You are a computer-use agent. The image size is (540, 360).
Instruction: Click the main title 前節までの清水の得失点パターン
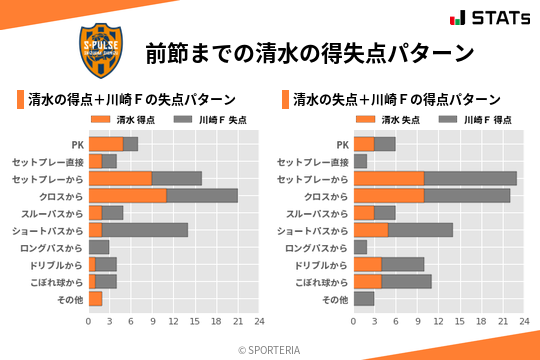309,52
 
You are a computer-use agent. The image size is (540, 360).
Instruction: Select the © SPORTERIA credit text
270,349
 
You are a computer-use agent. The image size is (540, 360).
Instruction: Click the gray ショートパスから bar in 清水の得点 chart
145,229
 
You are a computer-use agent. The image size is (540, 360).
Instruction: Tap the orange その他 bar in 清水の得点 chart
96,298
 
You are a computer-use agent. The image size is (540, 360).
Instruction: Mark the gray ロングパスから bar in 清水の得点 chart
99,246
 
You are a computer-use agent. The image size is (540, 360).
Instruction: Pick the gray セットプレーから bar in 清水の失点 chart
470,178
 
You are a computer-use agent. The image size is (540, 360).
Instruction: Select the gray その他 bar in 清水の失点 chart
364,298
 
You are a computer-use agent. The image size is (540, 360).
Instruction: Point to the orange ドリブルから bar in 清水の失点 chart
368,264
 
